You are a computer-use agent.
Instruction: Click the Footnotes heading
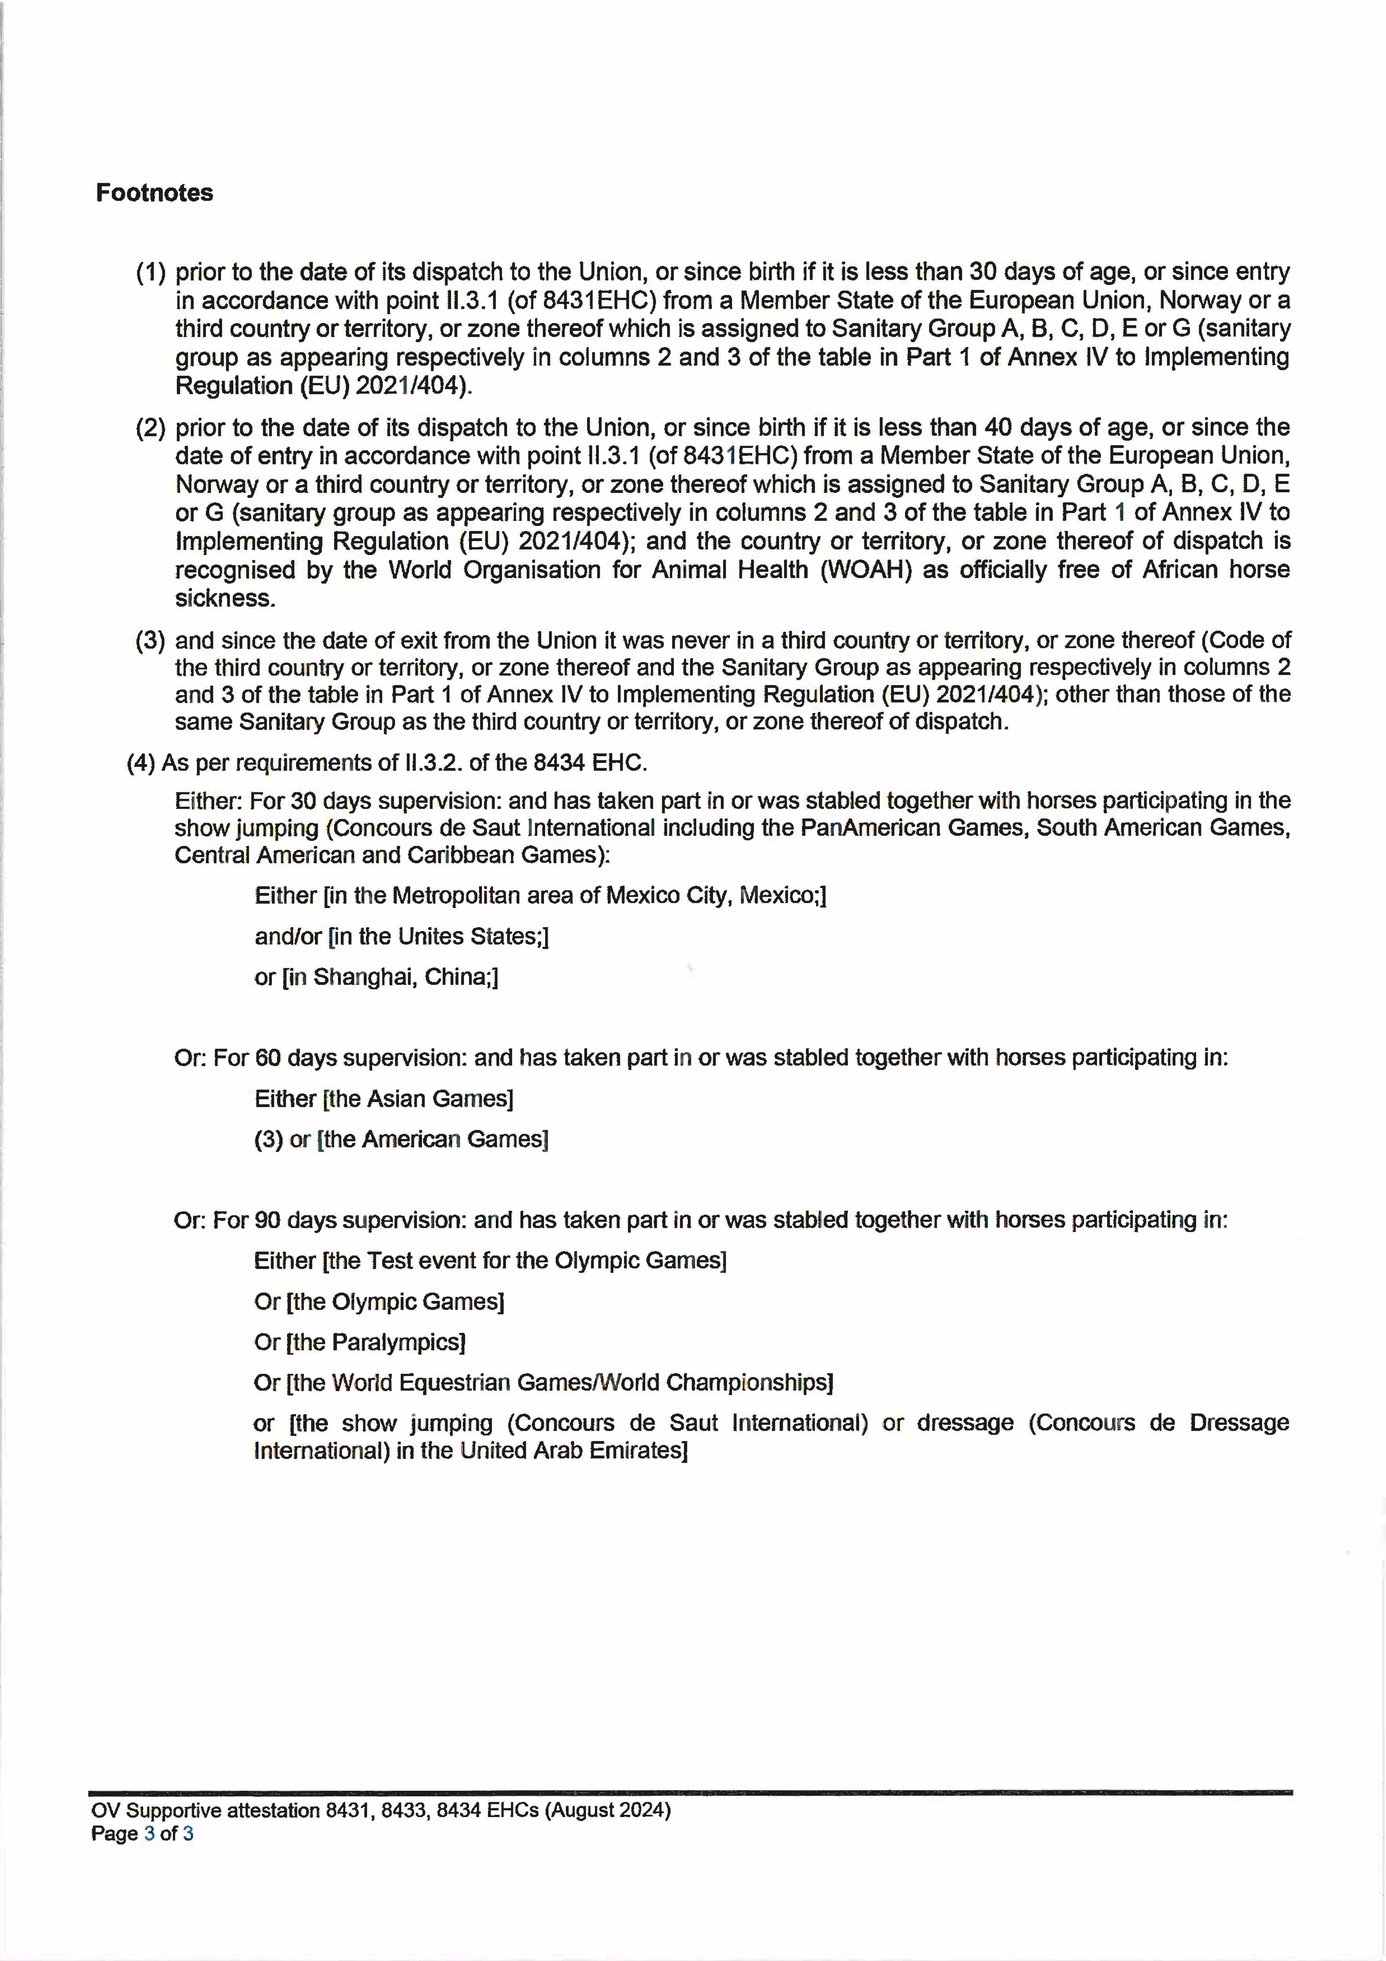155,193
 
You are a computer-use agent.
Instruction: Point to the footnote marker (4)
141,763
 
